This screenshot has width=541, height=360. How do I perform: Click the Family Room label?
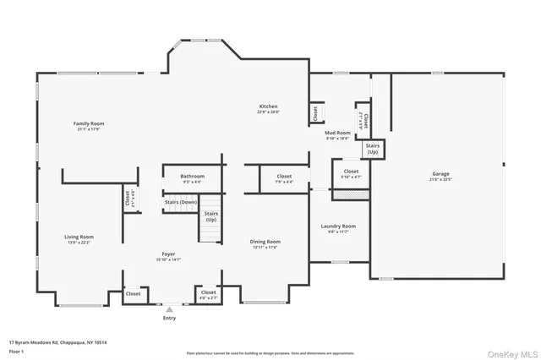click(88, 124)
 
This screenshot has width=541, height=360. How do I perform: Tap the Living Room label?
click(79, 237)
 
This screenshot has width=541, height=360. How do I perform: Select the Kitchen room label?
click(268, 106)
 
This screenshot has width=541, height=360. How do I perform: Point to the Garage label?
click(440, 174)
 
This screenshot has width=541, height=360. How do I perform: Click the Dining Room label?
click(265, 242)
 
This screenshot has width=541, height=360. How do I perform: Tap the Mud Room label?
click(338, 133)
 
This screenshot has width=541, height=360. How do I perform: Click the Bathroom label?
click(192, 176)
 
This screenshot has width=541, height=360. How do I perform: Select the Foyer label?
click(168, 254)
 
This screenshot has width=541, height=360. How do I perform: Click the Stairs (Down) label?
click(180, 203)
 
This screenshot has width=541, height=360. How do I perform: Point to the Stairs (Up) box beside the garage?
click(372, 148)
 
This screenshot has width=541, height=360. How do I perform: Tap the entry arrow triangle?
click(169, 310)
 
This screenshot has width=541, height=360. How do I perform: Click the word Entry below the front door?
click(169, 319)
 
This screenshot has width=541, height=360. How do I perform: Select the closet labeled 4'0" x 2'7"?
click(207, 294)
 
